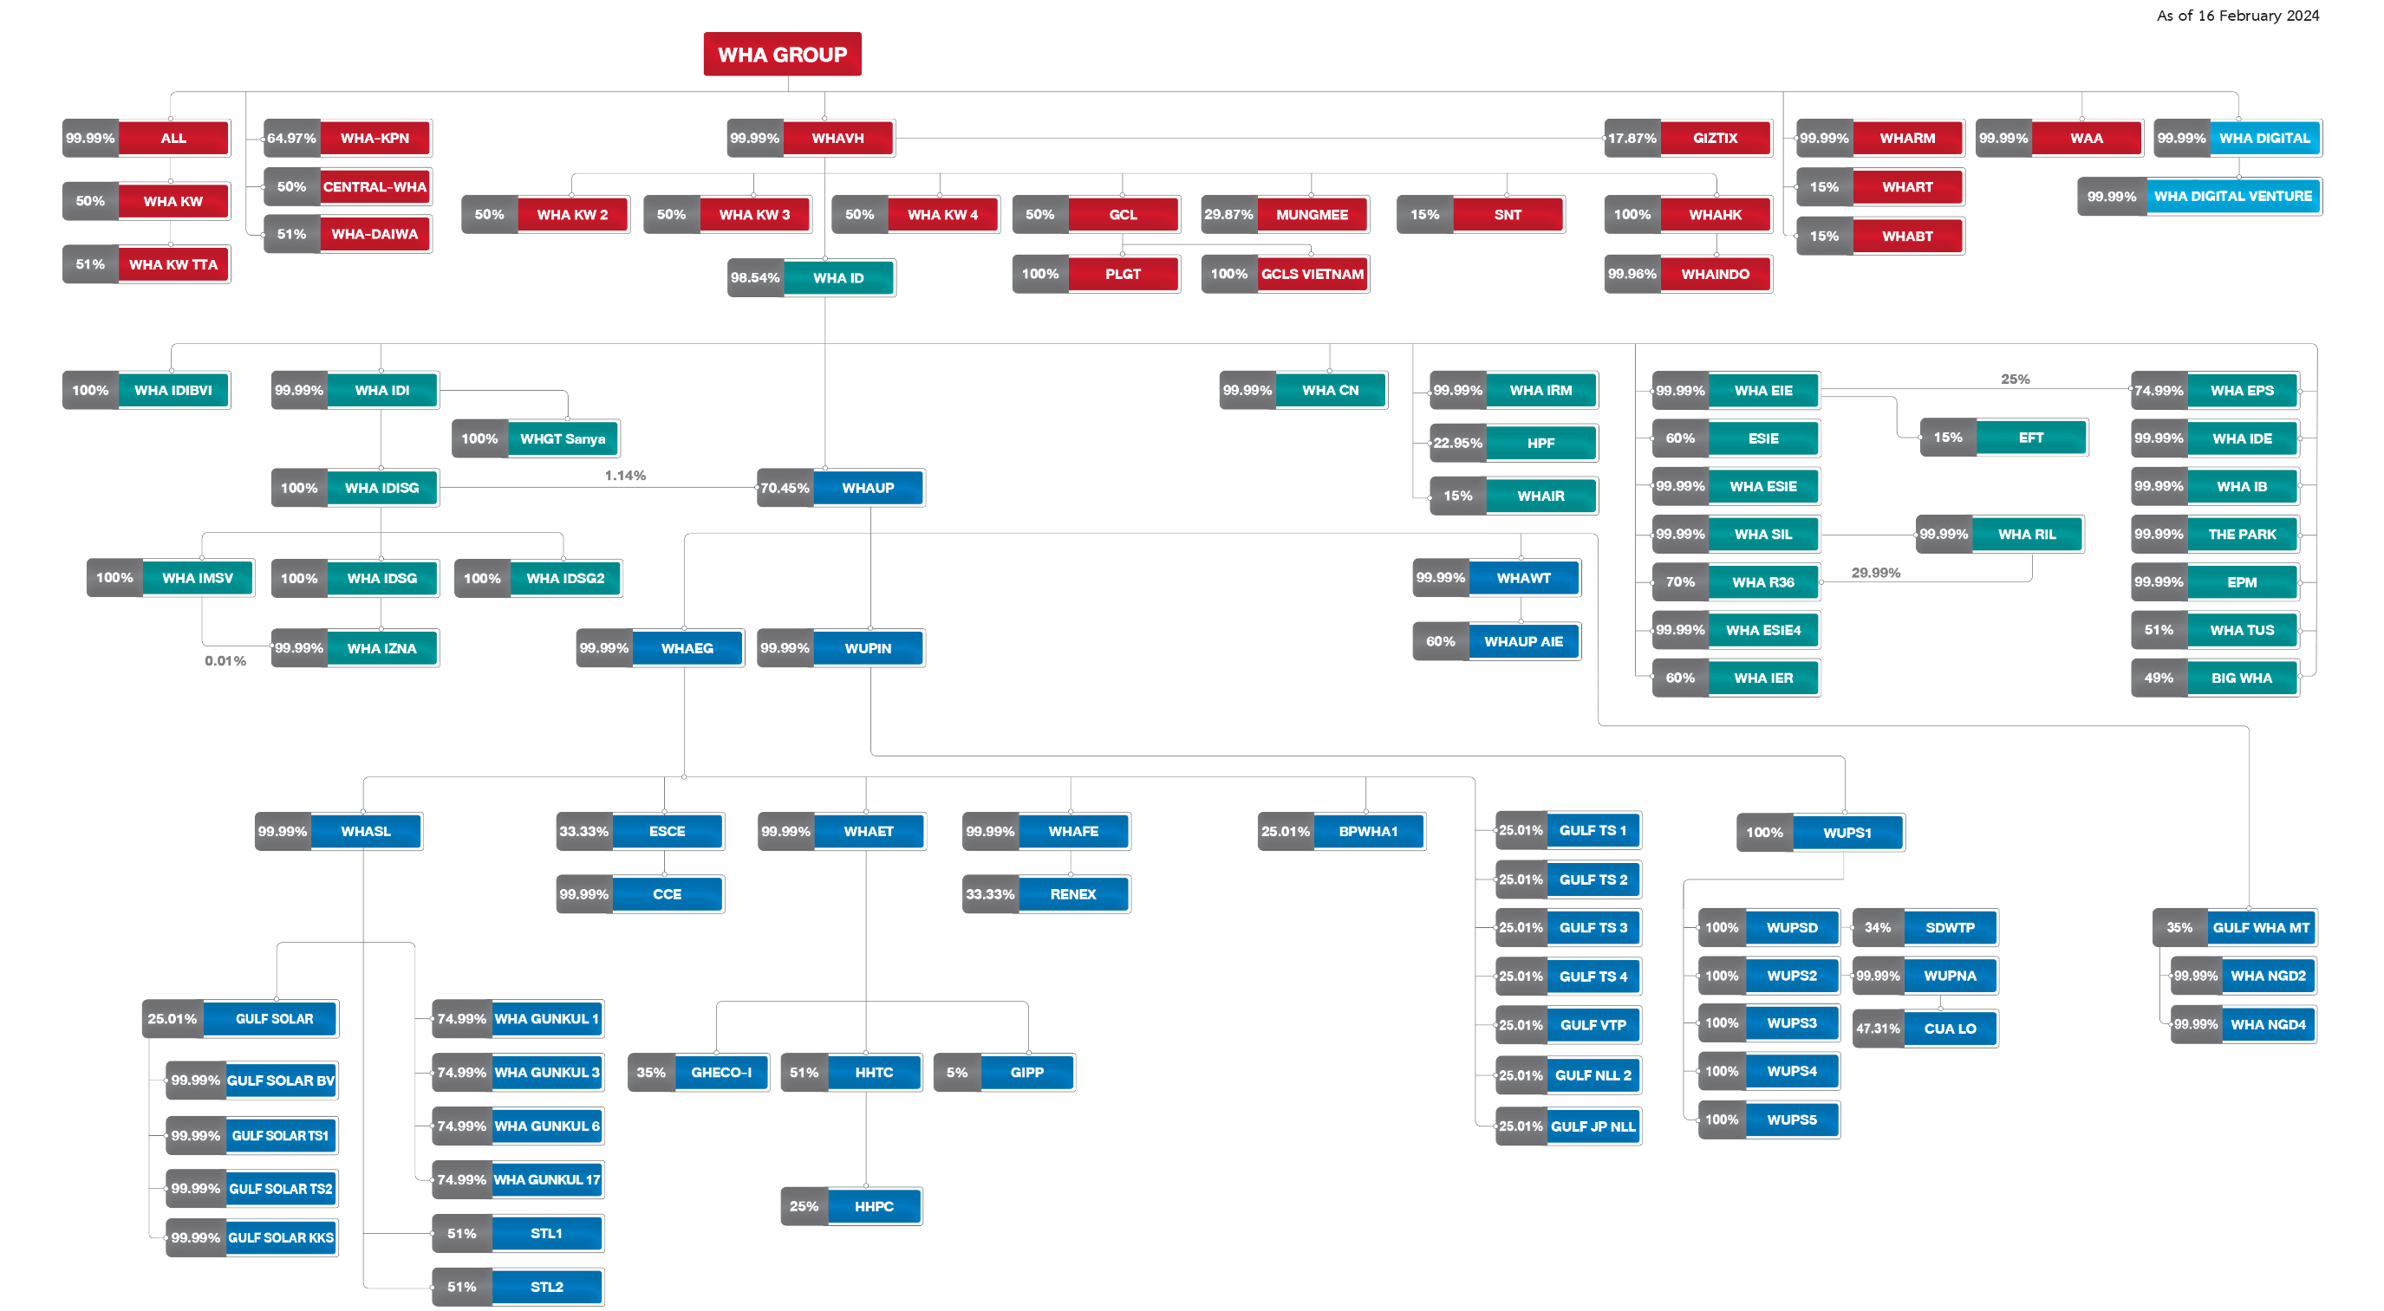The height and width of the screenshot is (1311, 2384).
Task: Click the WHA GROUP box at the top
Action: [782, 55]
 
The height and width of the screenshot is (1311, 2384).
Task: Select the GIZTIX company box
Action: [1715, 138]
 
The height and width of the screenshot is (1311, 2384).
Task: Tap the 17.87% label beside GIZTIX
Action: [1632, 138]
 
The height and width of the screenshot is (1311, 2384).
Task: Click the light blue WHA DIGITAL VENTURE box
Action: [2232, 196]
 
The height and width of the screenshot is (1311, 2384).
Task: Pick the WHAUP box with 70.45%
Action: [868, 488]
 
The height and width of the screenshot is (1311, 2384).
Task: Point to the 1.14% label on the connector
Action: [626, 476]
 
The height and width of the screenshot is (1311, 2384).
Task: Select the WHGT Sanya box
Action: [563, 438]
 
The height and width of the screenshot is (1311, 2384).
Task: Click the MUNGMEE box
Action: [1312, 215]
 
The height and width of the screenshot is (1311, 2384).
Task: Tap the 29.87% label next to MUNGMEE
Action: [1228, 215]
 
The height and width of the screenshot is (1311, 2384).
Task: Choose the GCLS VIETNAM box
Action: [1312, 274]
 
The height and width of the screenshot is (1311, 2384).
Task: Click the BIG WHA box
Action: [2242, 678]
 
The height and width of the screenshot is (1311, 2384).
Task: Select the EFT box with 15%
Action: [2030, 438]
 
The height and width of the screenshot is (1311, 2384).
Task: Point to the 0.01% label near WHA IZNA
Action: [225, 660]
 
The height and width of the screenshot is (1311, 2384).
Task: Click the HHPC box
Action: [874, 1206]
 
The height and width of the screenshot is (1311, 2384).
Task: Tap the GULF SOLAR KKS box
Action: [280, 1238]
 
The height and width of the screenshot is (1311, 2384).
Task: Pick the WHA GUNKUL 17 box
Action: [546, 1179]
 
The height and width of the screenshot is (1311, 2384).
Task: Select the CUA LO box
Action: [1950, 1029]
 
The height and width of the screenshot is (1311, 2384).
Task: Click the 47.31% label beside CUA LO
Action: [1878, 1029]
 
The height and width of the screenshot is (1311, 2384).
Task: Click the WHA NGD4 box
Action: [2267, 1024]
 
